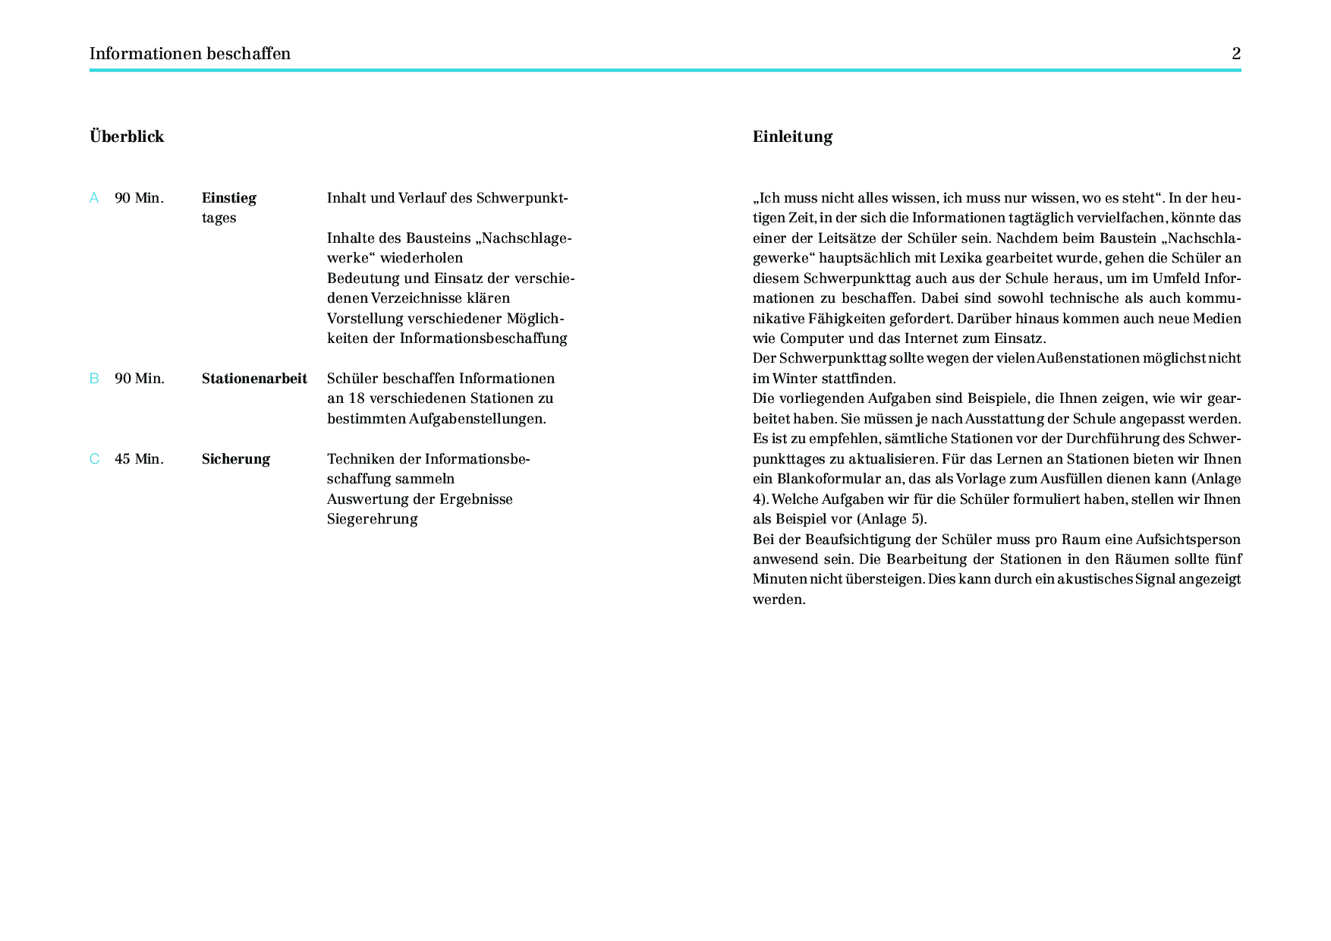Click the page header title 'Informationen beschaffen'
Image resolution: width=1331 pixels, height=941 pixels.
tap(190, 54)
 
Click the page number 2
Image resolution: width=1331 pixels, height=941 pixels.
tap(1236, 54)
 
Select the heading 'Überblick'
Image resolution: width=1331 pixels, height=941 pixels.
tap(127, 137)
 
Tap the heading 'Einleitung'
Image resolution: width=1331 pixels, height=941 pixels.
tap(792, 137)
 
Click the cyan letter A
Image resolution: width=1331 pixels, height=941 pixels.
tap(94, 198)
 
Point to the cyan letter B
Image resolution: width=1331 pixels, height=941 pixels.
tap(94, 379)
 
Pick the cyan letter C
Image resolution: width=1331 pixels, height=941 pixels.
tap(94, 459)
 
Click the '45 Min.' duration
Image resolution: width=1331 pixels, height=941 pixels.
tap(139, 459)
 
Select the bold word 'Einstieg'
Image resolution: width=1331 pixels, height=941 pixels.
tap(228, 198)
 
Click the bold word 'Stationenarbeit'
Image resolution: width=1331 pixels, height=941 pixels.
tap(254, 379)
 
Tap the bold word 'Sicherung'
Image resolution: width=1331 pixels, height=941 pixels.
tap(235, 459)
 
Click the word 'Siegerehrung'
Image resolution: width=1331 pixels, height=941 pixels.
tap(372, 519)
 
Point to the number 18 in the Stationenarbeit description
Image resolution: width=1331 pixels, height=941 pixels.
tap(357, 398)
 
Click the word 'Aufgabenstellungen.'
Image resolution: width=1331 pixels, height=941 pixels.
tap(477, 419)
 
